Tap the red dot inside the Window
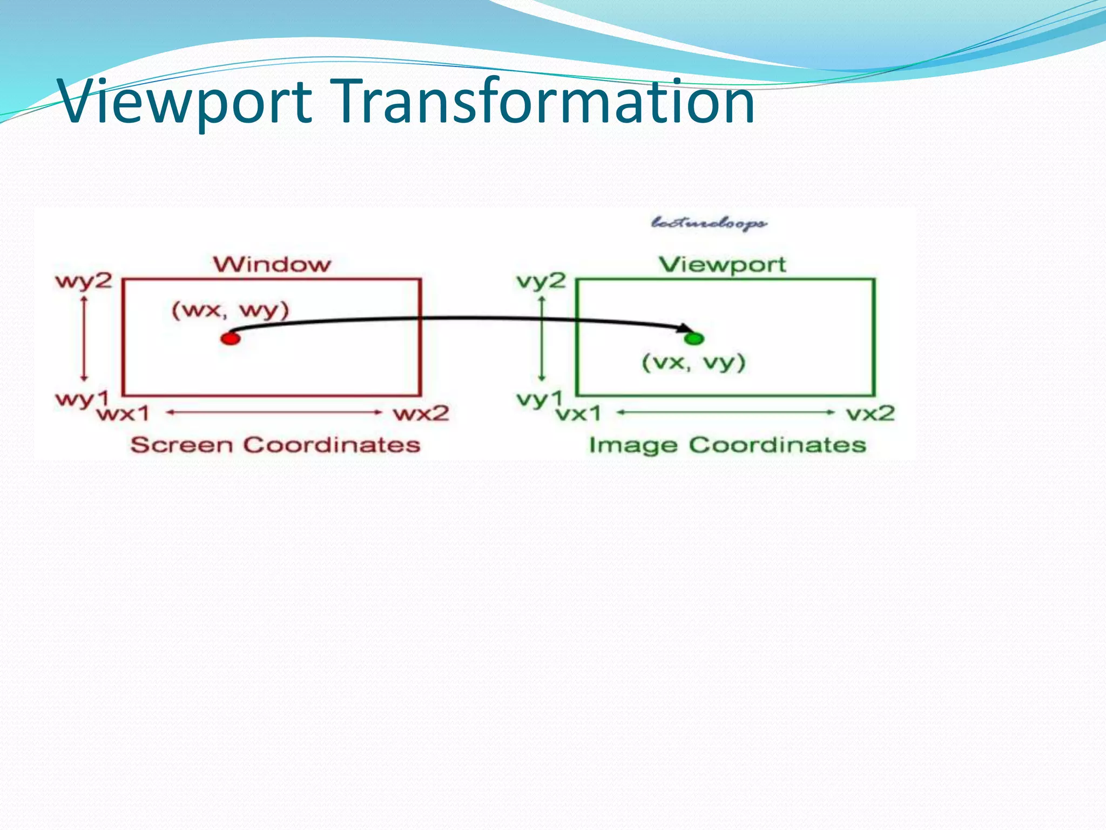coord(231,339)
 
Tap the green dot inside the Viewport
coord(694,339)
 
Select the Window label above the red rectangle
coord(272,264)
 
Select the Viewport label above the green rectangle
coord(723,264)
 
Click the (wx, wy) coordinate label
coord(231,311)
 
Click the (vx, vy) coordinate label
coord(693,362)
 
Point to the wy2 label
coord(84,282)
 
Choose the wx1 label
coord(123,414)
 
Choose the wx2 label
coord(421,414)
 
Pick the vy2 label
coord(541,282)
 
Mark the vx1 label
coord(579,414)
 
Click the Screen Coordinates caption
coord(275,445)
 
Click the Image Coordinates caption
coord(727,445)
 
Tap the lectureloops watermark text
coord(709,223)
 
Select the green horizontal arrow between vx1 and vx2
coord(726,412)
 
